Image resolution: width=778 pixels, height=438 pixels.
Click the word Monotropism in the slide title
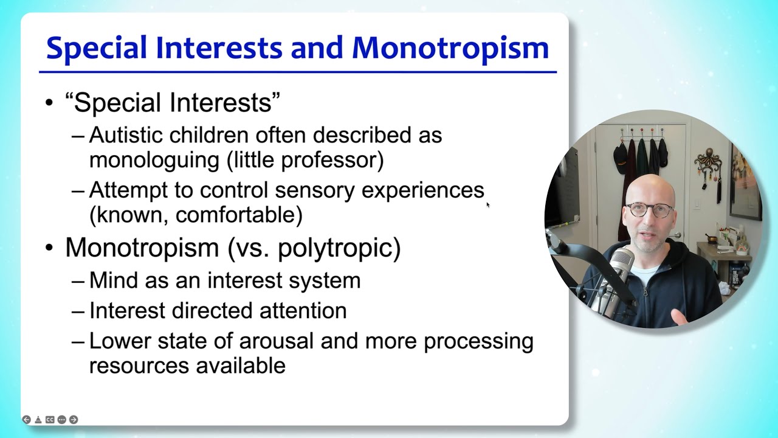[450, 48]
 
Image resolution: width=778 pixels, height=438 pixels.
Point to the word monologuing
[154, 160]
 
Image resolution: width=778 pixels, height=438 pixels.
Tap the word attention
[303, 311]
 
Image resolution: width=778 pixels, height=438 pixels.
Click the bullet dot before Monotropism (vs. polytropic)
[49, 248]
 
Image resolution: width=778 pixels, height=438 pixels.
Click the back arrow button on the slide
[26, 420]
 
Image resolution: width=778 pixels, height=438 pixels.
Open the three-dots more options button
[61, 420]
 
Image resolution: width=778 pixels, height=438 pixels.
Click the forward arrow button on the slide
[74, 420]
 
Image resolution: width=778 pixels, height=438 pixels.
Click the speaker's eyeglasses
[650, 210]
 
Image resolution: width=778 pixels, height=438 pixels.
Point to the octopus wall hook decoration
[709, 161]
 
